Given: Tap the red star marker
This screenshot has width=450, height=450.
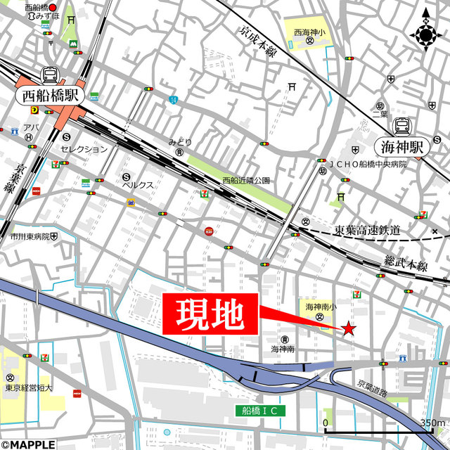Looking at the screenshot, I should [348, 328].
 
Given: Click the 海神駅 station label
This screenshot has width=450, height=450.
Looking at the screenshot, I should [404, 147].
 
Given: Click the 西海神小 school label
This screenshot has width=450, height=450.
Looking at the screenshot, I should [309, 32].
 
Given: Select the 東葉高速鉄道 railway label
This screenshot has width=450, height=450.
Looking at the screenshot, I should [367, 230].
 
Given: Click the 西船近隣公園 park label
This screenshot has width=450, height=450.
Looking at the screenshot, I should [246, 181].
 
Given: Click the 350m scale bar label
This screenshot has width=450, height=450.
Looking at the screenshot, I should [432, 423].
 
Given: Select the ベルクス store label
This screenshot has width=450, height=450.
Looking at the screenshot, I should [138, 185].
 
